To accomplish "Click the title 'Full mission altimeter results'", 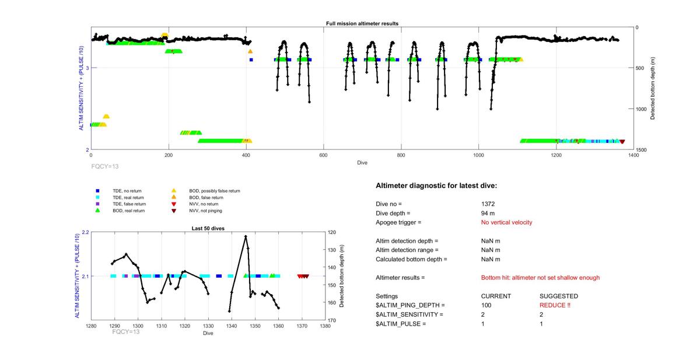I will tap(362, 23).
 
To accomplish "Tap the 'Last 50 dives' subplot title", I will tap(208, 228).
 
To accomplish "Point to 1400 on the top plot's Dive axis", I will tap(633, 156).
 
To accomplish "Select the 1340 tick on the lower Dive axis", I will tap(232, 326).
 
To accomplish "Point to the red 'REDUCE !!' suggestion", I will tap(554, 305).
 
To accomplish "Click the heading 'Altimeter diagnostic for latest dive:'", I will tap(436, 186).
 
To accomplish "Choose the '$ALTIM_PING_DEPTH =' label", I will tap(410, 305).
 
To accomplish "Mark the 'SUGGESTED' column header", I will tap(558, 296).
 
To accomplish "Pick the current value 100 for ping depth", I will tap(487, 305).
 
